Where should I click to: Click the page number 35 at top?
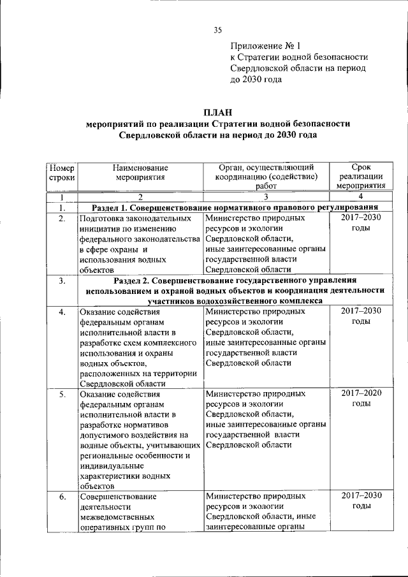point(217,30)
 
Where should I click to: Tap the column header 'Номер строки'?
point(61,172)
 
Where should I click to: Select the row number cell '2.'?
point(61,219)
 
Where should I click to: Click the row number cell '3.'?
point(61,281)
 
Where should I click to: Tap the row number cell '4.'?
point(61,312)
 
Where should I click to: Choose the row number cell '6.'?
point(61,495)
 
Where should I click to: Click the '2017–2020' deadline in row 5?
point(361,393)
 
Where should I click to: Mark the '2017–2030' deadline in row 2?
point(361,218)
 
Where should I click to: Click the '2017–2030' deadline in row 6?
point(361,495)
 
